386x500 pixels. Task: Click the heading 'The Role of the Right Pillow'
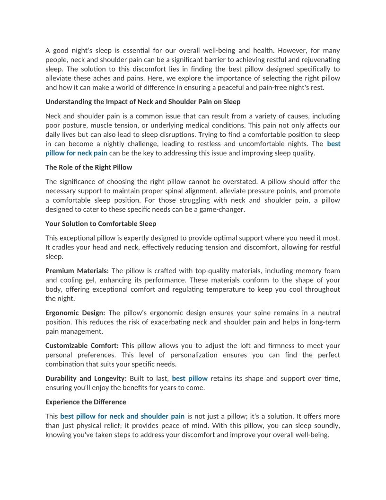(88, 167)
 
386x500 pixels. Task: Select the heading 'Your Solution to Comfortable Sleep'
(101, 223)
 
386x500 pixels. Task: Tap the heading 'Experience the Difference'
(86, 402)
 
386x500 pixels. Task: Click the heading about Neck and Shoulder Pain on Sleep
(143, 102)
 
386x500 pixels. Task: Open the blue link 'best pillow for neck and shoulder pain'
(122, 416)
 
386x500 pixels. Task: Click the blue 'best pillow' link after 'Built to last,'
(190, 378)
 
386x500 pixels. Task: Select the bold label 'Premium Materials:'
(77, 271)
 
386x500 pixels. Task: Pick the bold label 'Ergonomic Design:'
(76, 313)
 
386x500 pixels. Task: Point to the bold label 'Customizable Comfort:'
(82, 346)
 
